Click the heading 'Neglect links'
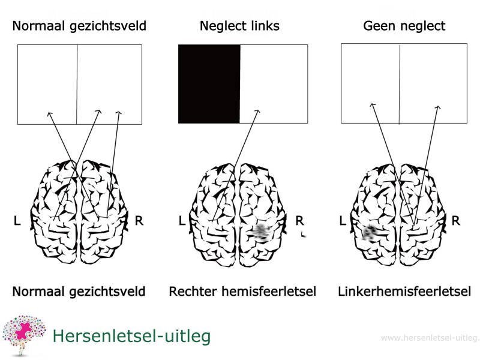coord(239,26)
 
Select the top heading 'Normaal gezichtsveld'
coord(79,26)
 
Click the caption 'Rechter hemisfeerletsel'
coord(242,292)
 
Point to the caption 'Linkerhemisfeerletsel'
coord(404,292)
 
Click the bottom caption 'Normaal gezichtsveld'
coord(79,292)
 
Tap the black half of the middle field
coord(209,84)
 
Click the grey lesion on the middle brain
coord(260,232)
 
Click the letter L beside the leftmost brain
coord(17,221)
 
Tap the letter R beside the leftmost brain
coord(139,221)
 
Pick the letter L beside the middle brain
coord(182,221)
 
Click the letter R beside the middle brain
coord(300,221)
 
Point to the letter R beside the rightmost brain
coord(456,221)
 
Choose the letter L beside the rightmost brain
coord(343,221)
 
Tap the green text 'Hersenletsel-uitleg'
coord(131,336)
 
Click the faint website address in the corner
coord(430,338)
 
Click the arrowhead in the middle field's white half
coord(258,110)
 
